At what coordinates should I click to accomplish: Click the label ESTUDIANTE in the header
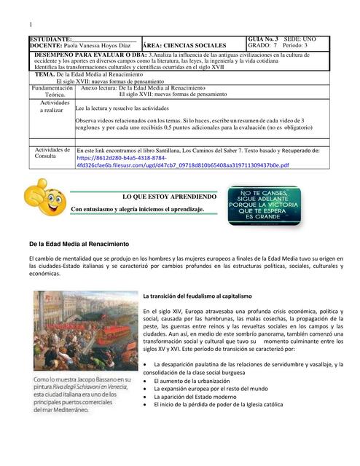(x=50, y=39)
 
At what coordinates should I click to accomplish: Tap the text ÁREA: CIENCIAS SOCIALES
(x=185, y=46)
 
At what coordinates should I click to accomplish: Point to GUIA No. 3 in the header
(x=263, y=38)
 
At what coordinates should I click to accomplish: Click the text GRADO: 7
(x=261, y=45)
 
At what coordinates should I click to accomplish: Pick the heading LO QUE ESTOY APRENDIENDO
(x=169, y=197)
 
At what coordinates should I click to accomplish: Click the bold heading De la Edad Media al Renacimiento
(x=79, y=243)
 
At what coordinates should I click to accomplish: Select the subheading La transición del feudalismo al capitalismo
(x=197, y=296)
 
